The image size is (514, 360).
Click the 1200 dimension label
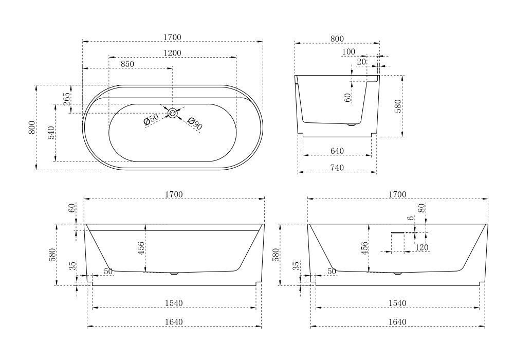point(172,53)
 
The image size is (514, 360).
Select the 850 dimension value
point(127,64)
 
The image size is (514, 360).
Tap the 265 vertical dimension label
point(66,99)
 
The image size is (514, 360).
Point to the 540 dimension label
point(51,133)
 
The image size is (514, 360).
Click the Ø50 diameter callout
point(151,119)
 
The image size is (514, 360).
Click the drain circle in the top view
point(172,113)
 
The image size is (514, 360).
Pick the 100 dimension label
point(348,52)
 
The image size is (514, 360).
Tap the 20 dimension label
point(361,62)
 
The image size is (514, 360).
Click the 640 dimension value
point(337,151)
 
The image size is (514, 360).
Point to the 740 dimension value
point(337,168)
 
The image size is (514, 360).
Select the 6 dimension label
point(411,219)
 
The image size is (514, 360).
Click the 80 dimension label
point(422,208)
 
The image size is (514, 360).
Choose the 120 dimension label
point(421,247)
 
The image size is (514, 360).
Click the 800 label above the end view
point(337,39)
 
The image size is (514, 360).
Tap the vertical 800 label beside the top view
point(32,127)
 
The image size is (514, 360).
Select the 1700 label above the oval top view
point(172,38)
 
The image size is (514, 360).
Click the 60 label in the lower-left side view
point(72,208)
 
